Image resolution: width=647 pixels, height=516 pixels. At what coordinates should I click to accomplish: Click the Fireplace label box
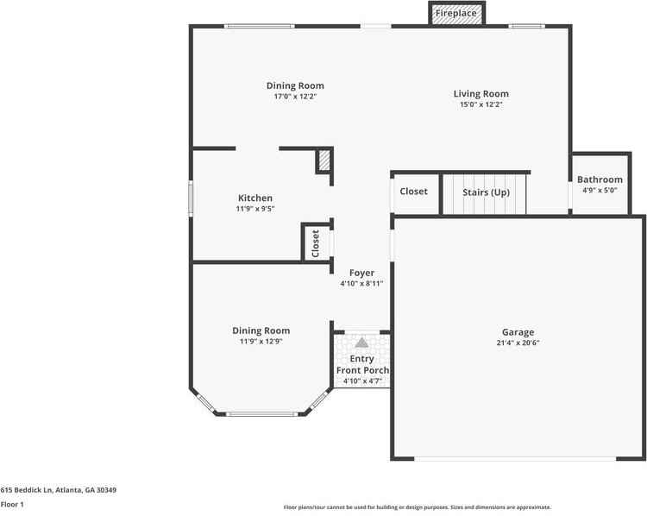[457, 14]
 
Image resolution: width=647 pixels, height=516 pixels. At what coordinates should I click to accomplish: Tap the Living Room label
[481, 93]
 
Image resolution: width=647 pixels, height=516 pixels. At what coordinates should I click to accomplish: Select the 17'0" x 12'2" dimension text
[295, 97]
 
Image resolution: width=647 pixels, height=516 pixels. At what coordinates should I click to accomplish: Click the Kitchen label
[255, 198]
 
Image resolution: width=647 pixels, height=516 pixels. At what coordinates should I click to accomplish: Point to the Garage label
[518, 332]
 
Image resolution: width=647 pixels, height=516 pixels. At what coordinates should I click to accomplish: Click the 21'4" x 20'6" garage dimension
[518, 343]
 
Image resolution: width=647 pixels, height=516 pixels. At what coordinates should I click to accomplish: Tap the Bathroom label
[600, 179]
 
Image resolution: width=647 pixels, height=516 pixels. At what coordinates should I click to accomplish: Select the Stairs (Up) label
[486, 192]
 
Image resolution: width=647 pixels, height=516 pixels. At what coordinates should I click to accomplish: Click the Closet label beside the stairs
[414, 191]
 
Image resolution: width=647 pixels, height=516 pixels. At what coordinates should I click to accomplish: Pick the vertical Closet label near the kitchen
[315, 242]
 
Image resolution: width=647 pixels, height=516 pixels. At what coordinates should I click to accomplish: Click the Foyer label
[361, 273]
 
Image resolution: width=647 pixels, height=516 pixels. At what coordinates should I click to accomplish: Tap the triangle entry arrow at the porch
[361, 342]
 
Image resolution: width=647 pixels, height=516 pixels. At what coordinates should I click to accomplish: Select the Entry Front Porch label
[362, 364]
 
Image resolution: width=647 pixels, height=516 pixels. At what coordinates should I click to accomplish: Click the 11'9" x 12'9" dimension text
[261, 342]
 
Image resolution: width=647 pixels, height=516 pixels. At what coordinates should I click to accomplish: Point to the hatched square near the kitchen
[324, 160]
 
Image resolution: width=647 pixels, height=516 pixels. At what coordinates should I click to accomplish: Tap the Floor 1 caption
[12, 504]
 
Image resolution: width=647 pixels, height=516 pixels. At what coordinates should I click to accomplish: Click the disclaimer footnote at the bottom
[418, 507]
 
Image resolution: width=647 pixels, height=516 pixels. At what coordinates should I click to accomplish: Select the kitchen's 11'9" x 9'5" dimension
[255, 208]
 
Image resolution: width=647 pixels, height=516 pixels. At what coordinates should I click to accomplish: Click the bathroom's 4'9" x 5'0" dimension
[600, 190]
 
